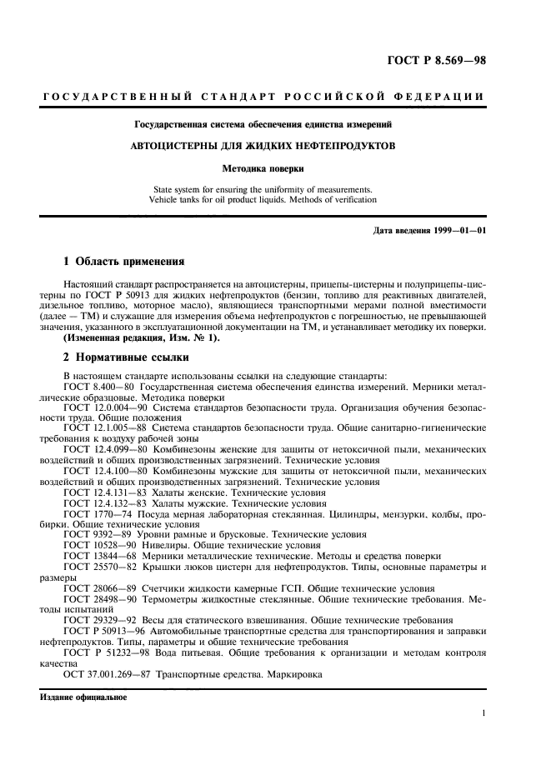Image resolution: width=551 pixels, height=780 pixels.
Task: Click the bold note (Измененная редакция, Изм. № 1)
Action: click(x=143, y=337)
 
